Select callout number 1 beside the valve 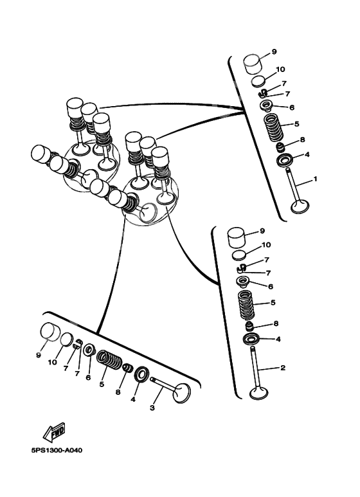tap(315, 179)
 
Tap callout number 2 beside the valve tap(282, 368)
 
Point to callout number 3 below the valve tap(152, 408)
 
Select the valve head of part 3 tap(182, 393)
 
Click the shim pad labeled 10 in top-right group tap(259, 81)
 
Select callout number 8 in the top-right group tap(302, 140)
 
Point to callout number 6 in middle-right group tap(271, 286)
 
